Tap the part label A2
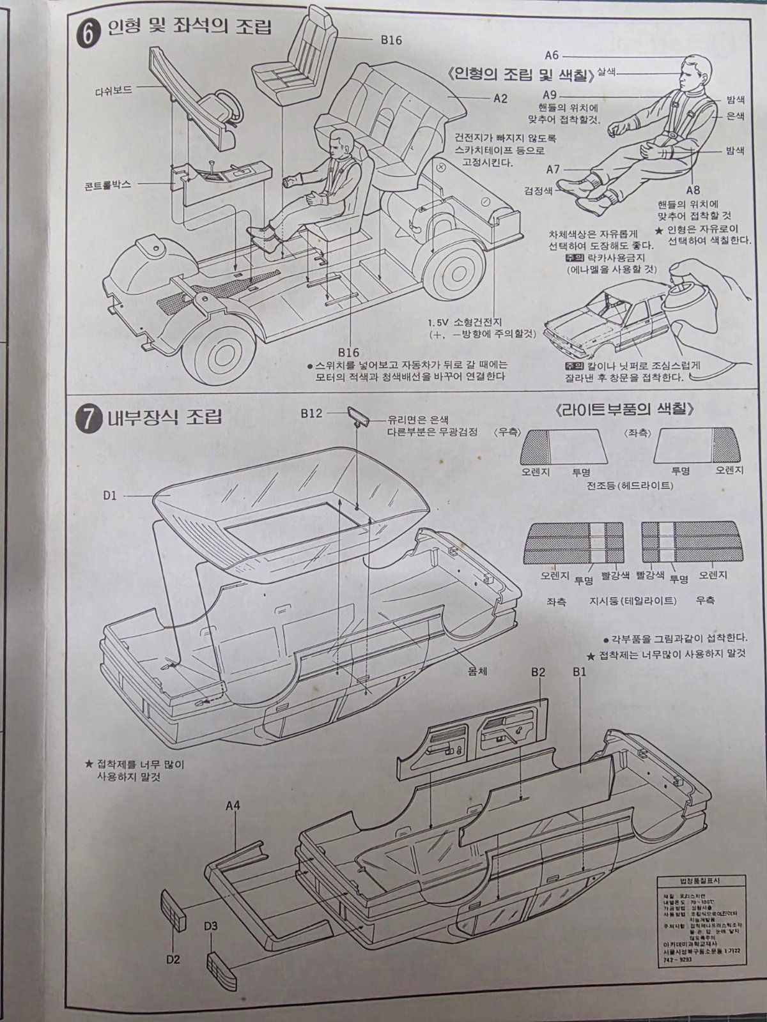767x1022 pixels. pos(500,98)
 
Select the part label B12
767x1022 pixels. pos(311,413)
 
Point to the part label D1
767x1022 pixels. pos(111,495)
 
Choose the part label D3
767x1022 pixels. pos(211,925)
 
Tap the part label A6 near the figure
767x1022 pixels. pos(552,56)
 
